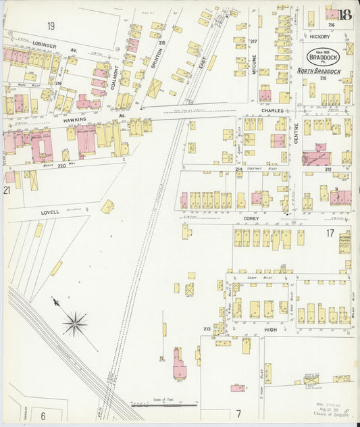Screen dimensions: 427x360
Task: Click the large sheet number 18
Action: [x=346, y=14]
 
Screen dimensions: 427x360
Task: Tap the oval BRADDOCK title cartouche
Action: [x=320, y=57]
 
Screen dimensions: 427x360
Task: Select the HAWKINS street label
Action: [x=76, y=118]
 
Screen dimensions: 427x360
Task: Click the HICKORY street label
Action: [x=320, y=36]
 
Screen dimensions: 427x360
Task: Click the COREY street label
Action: [x=251, y=220]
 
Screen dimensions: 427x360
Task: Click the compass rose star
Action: [x=74, y=324]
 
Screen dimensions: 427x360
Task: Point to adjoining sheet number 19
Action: [x=51, y=26]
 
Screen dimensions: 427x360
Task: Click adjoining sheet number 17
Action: [x=330, y=233]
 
